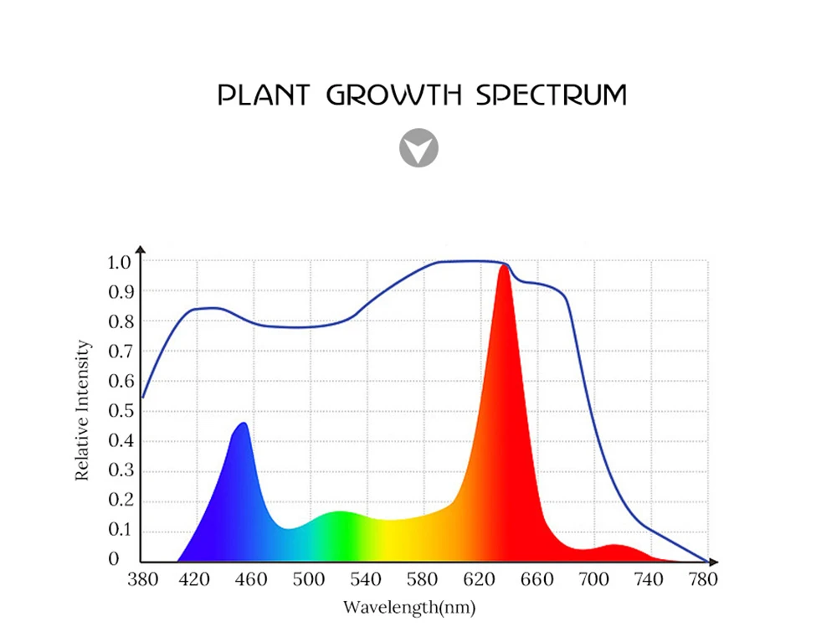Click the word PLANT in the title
pyautogui.click(x=264, y=95)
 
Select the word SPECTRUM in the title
pyautogui.click(x=551, y=95)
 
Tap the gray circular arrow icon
pyautogui.click(x=418, y=148)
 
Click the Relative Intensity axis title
pyautogui.click(x=82, y=409)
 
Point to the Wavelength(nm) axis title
pyautogui.click(x=409, y=607)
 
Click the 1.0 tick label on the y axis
pyautogui.click(x=119, y=262)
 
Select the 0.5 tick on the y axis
pyautogui.click(x=119, y=411)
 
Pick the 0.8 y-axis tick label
pyautogui.click(x=119, y=321)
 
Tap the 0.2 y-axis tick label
pyautogui.click(x=119, y=501)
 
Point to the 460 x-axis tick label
pyautogui.click(x=251, y=579)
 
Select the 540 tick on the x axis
pyautogui.click(x=366, y=579)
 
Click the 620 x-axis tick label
pyautogui.click(x=480, y=579)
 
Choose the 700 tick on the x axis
pyautogui.click(x=593, y=579)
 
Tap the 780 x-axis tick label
pyautogui.click(x=703, y=579)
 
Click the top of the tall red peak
pyautogui.click(x=505, y=267)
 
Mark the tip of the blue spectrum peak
pyautogui.click(x=243, y=424)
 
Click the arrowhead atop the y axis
pyautogui.click(x=140, y=249)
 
